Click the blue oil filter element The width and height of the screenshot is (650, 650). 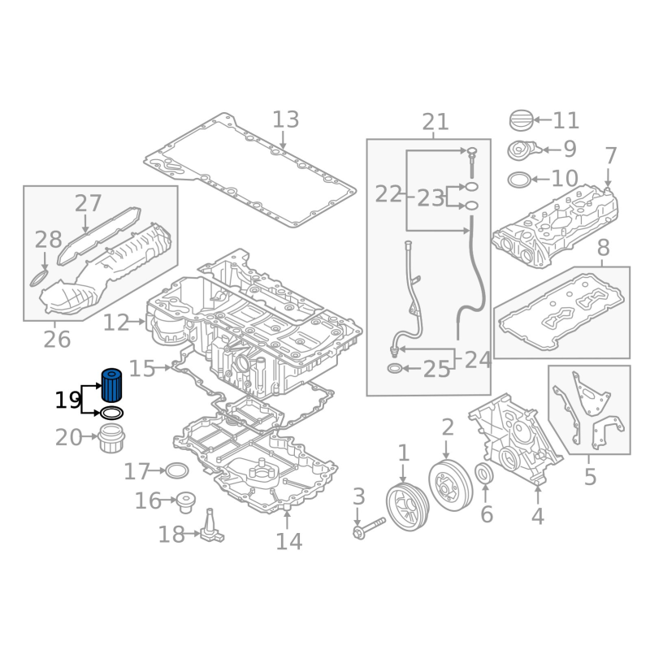coord(111,385)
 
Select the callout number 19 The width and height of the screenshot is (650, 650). coord(67,401)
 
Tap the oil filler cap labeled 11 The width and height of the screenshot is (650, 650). coord(521,120)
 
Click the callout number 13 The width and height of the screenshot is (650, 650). coord(286,119)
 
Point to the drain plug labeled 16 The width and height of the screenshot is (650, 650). coord(186,502)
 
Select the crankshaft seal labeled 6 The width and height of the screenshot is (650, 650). coord(483,474)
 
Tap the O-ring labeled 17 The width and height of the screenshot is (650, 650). coord(177,470)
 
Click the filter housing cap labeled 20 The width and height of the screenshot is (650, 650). coord(111,440)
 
